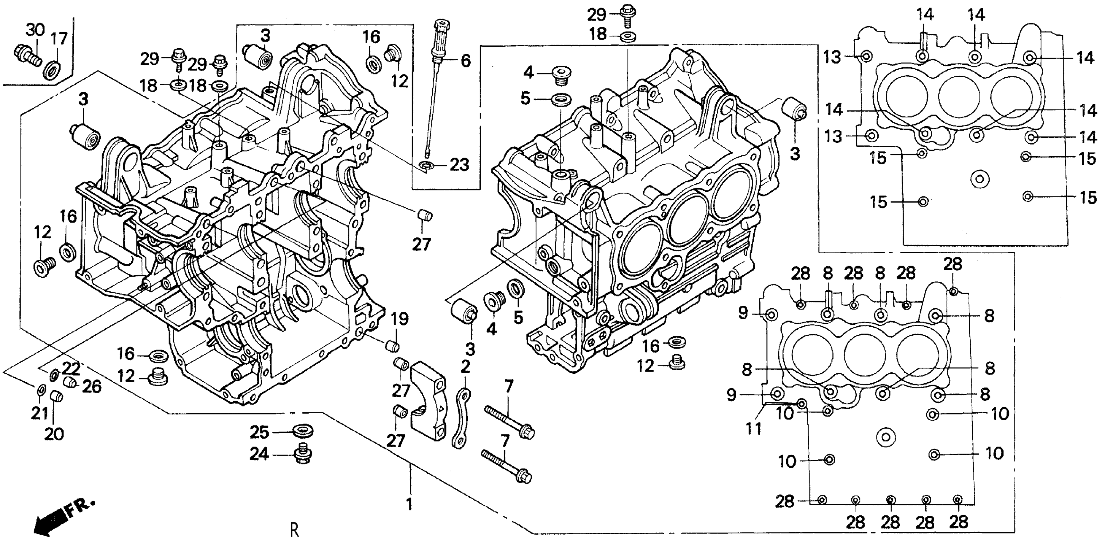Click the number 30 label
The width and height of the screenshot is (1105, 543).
click(35, 30)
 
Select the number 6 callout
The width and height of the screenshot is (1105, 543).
click(466, 61)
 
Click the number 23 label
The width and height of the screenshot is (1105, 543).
click(459, 165)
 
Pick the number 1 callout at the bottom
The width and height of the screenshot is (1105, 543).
click(409, 504)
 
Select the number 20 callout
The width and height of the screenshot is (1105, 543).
click(54, 434)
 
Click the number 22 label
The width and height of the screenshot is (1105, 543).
click(70, 368)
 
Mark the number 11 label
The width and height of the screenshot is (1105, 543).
click(754, 429)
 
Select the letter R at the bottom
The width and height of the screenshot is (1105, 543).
click(294, 531)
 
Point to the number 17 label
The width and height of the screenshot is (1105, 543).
click(59, 39)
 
